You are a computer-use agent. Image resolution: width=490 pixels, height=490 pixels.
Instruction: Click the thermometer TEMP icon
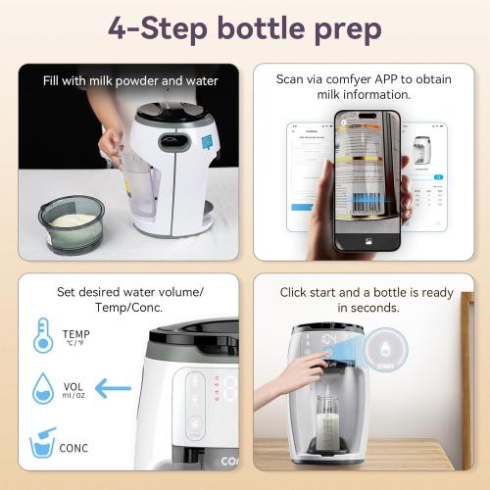(43, 335)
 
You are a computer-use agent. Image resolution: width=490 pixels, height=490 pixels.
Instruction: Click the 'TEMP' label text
(75, 333)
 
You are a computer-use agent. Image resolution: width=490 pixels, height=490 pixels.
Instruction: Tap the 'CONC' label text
(73, 449)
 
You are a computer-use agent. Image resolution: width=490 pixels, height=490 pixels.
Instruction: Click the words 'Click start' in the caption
(315, 292)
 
